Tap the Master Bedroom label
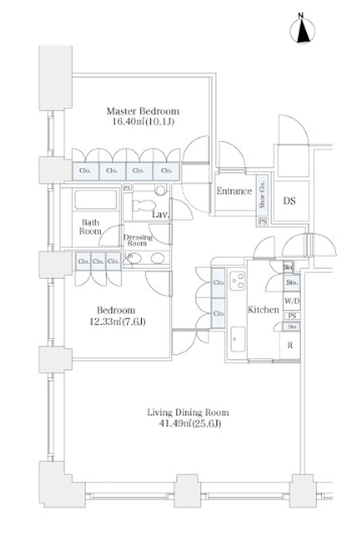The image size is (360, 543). [x=143, y=111]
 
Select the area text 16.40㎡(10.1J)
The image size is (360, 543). [x=143, y=121]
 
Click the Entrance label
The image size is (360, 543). [x=234, y=191]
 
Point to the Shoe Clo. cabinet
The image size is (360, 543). [x=262, y=194]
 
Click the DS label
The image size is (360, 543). [x=289, y=201]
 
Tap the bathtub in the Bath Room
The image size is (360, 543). [x=95, y=200]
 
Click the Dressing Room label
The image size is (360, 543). [x=138, y=240]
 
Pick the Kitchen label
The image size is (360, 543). [x=264, y=310]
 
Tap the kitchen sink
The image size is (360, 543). [x=238, y=339]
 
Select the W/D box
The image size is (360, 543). [x=291, y=301]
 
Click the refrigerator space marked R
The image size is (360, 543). [x=290, y=345]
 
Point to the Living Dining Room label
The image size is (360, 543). [x=188, y=412]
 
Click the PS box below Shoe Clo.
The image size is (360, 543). [x=263, y=222]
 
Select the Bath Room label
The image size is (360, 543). [x=90, y=227]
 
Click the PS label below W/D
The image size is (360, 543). [x=292, y=316]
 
